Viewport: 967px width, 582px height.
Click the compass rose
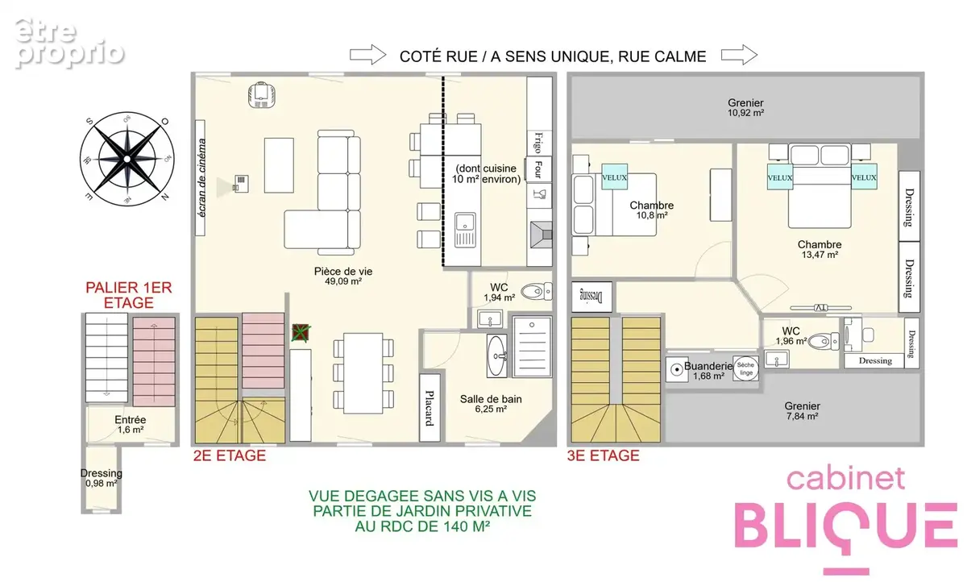[127, 159]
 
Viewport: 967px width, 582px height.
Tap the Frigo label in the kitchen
[538, 143]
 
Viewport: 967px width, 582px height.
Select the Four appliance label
[538, 168]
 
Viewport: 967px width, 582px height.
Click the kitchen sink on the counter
[465, 230]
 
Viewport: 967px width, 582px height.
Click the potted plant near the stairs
[301, 333]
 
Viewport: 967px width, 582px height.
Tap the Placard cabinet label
[430, 408]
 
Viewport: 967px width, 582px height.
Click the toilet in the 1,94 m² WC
[536, 292]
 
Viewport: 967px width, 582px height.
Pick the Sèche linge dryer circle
[745, 368]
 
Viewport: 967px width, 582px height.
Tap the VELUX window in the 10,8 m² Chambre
[614, 177]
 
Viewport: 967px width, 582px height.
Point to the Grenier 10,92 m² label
[745, 107]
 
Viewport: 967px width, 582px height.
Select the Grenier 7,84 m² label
[802, 410]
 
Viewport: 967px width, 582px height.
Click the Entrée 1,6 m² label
[131, 425]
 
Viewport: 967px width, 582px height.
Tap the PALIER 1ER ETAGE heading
[129, 295]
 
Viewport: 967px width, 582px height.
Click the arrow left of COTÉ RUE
[367, 55]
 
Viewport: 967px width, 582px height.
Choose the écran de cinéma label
[201, 177]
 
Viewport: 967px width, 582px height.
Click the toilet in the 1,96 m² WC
[824, 341]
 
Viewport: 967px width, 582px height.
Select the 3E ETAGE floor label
[603, 455]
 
